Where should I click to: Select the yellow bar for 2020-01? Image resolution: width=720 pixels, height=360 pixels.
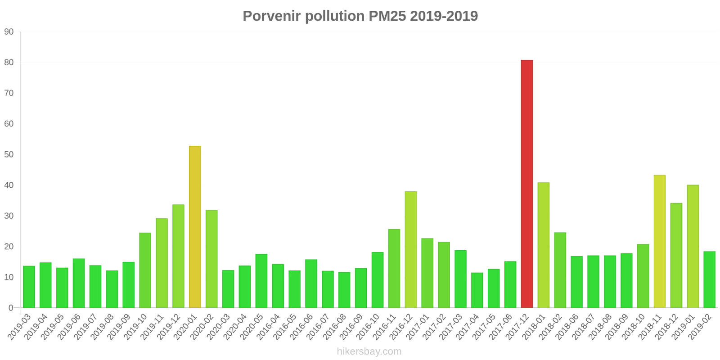(x=195, y=227)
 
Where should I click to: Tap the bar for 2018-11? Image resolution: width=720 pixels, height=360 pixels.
(x=659, y=241)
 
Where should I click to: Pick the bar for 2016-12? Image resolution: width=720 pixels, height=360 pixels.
(x=410, y=249)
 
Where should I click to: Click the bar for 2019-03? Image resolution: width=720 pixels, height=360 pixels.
(x=29, y=287)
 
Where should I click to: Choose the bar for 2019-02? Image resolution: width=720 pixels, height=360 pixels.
(x=709, y=279)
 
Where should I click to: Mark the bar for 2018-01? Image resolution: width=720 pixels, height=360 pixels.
(x=543, y=245)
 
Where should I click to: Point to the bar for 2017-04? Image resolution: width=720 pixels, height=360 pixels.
(x=477, y=290)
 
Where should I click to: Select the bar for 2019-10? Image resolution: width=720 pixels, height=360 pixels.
(x=145, y=270)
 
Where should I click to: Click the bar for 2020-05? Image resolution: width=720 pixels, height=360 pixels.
(x=261, y=281)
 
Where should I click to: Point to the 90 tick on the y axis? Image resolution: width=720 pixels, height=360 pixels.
(x=9, y=32)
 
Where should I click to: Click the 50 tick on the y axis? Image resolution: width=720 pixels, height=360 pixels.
(x=9, y=155)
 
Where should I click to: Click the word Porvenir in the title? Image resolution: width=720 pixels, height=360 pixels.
(x=272, y=16)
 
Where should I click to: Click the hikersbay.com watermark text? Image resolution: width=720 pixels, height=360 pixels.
(x=369, y=351)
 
